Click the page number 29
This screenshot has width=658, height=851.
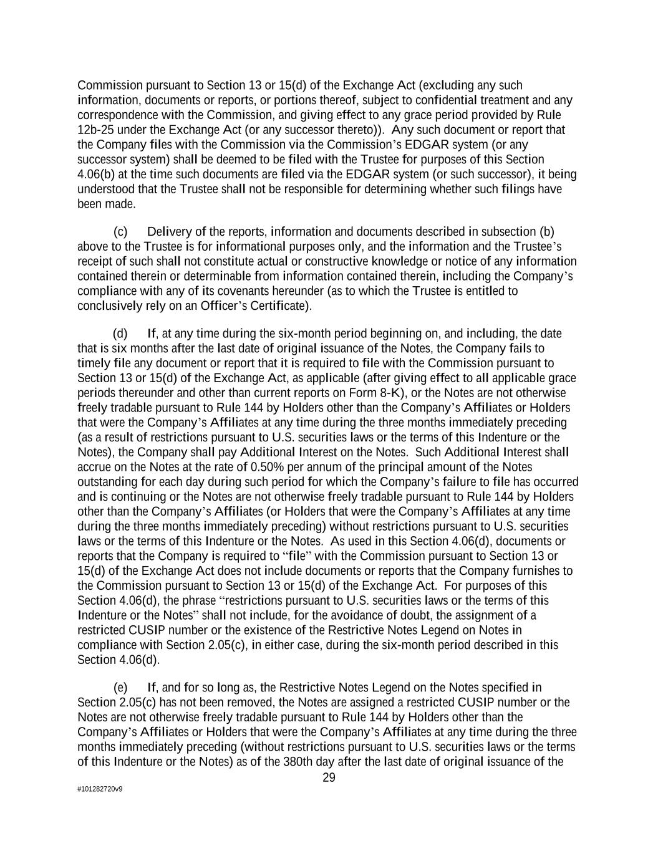coord(329,777)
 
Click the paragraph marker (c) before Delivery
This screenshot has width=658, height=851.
coord(121,232)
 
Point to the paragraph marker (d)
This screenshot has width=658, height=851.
coord(121,334)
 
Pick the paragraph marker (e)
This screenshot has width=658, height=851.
coord(121,688)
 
